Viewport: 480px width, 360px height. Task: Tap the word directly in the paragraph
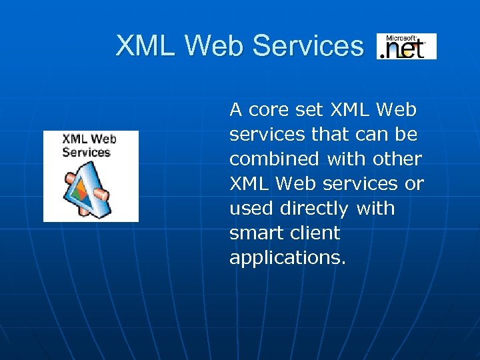pos(314,208)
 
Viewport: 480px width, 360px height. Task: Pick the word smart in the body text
pos(251,233)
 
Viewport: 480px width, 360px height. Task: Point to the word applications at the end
pos(287,257)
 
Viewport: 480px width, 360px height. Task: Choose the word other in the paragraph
pos(398,159)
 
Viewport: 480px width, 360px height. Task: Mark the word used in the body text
pos(251,208)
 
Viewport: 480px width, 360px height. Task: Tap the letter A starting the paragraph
pos(235,109)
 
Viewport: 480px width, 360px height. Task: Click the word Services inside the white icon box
pos(86,152)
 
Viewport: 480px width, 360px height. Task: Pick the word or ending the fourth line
pos(414,183)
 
